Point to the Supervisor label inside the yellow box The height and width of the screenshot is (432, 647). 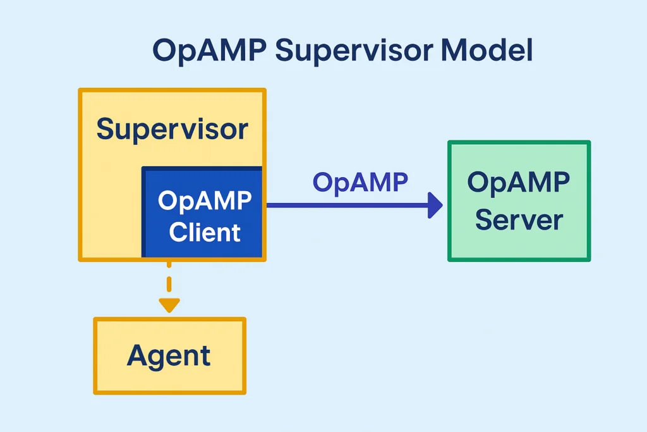point(172,129)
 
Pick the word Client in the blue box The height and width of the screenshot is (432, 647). point(205,232)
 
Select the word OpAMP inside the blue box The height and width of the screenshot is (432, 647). point(205,201)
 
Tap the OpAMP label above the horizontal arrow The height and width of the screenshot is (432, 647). point(360,182)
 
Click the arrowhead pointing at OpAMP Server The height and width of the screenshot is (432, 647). point(435,206)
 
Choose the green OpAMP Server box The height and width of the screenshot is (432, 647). point(519,201)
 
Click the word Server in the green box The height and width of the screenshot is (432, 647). point(519,221)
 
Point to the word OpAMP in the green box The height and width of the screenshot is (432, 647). point(519,183)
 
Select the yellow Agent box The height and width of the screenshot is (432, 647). point(169,355)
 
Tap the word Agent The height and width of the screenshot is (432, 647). point(169,356)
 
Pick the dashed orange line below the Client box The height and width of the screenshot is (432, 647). point(168,278)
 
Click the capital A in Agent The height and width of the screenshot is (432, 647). point(138,355)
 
